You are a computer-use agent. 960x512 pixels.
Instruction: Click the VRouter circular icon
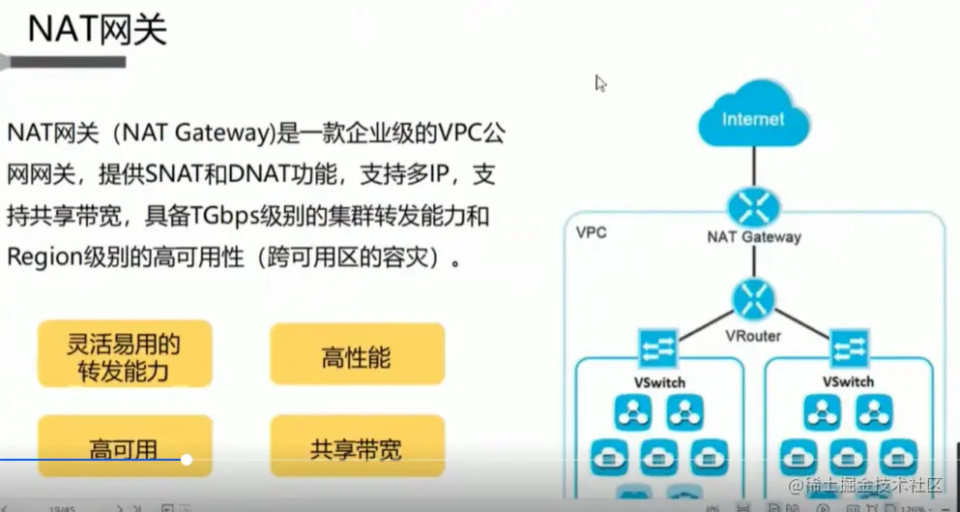click(x=752, y=300)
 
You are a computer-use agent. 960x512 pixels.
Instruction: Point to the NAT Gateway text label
click(x=753, y=237)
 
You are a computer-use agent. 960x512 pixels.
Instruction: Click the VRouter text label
click(x=752, y=336)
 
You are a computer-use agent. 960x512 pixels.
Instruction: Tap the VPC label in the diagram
click(x=592, y=233)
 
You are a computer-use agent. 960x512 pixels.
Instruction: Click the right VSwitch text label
click(x=849, y=381)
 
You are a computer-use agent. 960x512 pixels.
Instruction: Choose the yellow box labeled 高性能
click(x=357, y=357)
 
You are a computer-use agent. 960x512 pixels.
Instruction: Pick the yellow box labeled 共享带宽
click(x=357, y=449)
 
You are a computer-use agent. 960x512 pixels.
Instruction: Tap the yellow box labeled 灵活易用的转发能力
click(x=124, y=357)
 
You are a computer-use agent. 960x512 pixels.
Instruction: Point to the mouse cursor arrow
click(x=599, y=82)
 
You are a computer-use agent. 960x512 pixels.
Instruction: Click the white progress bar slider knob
click(x=187, y=460)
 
